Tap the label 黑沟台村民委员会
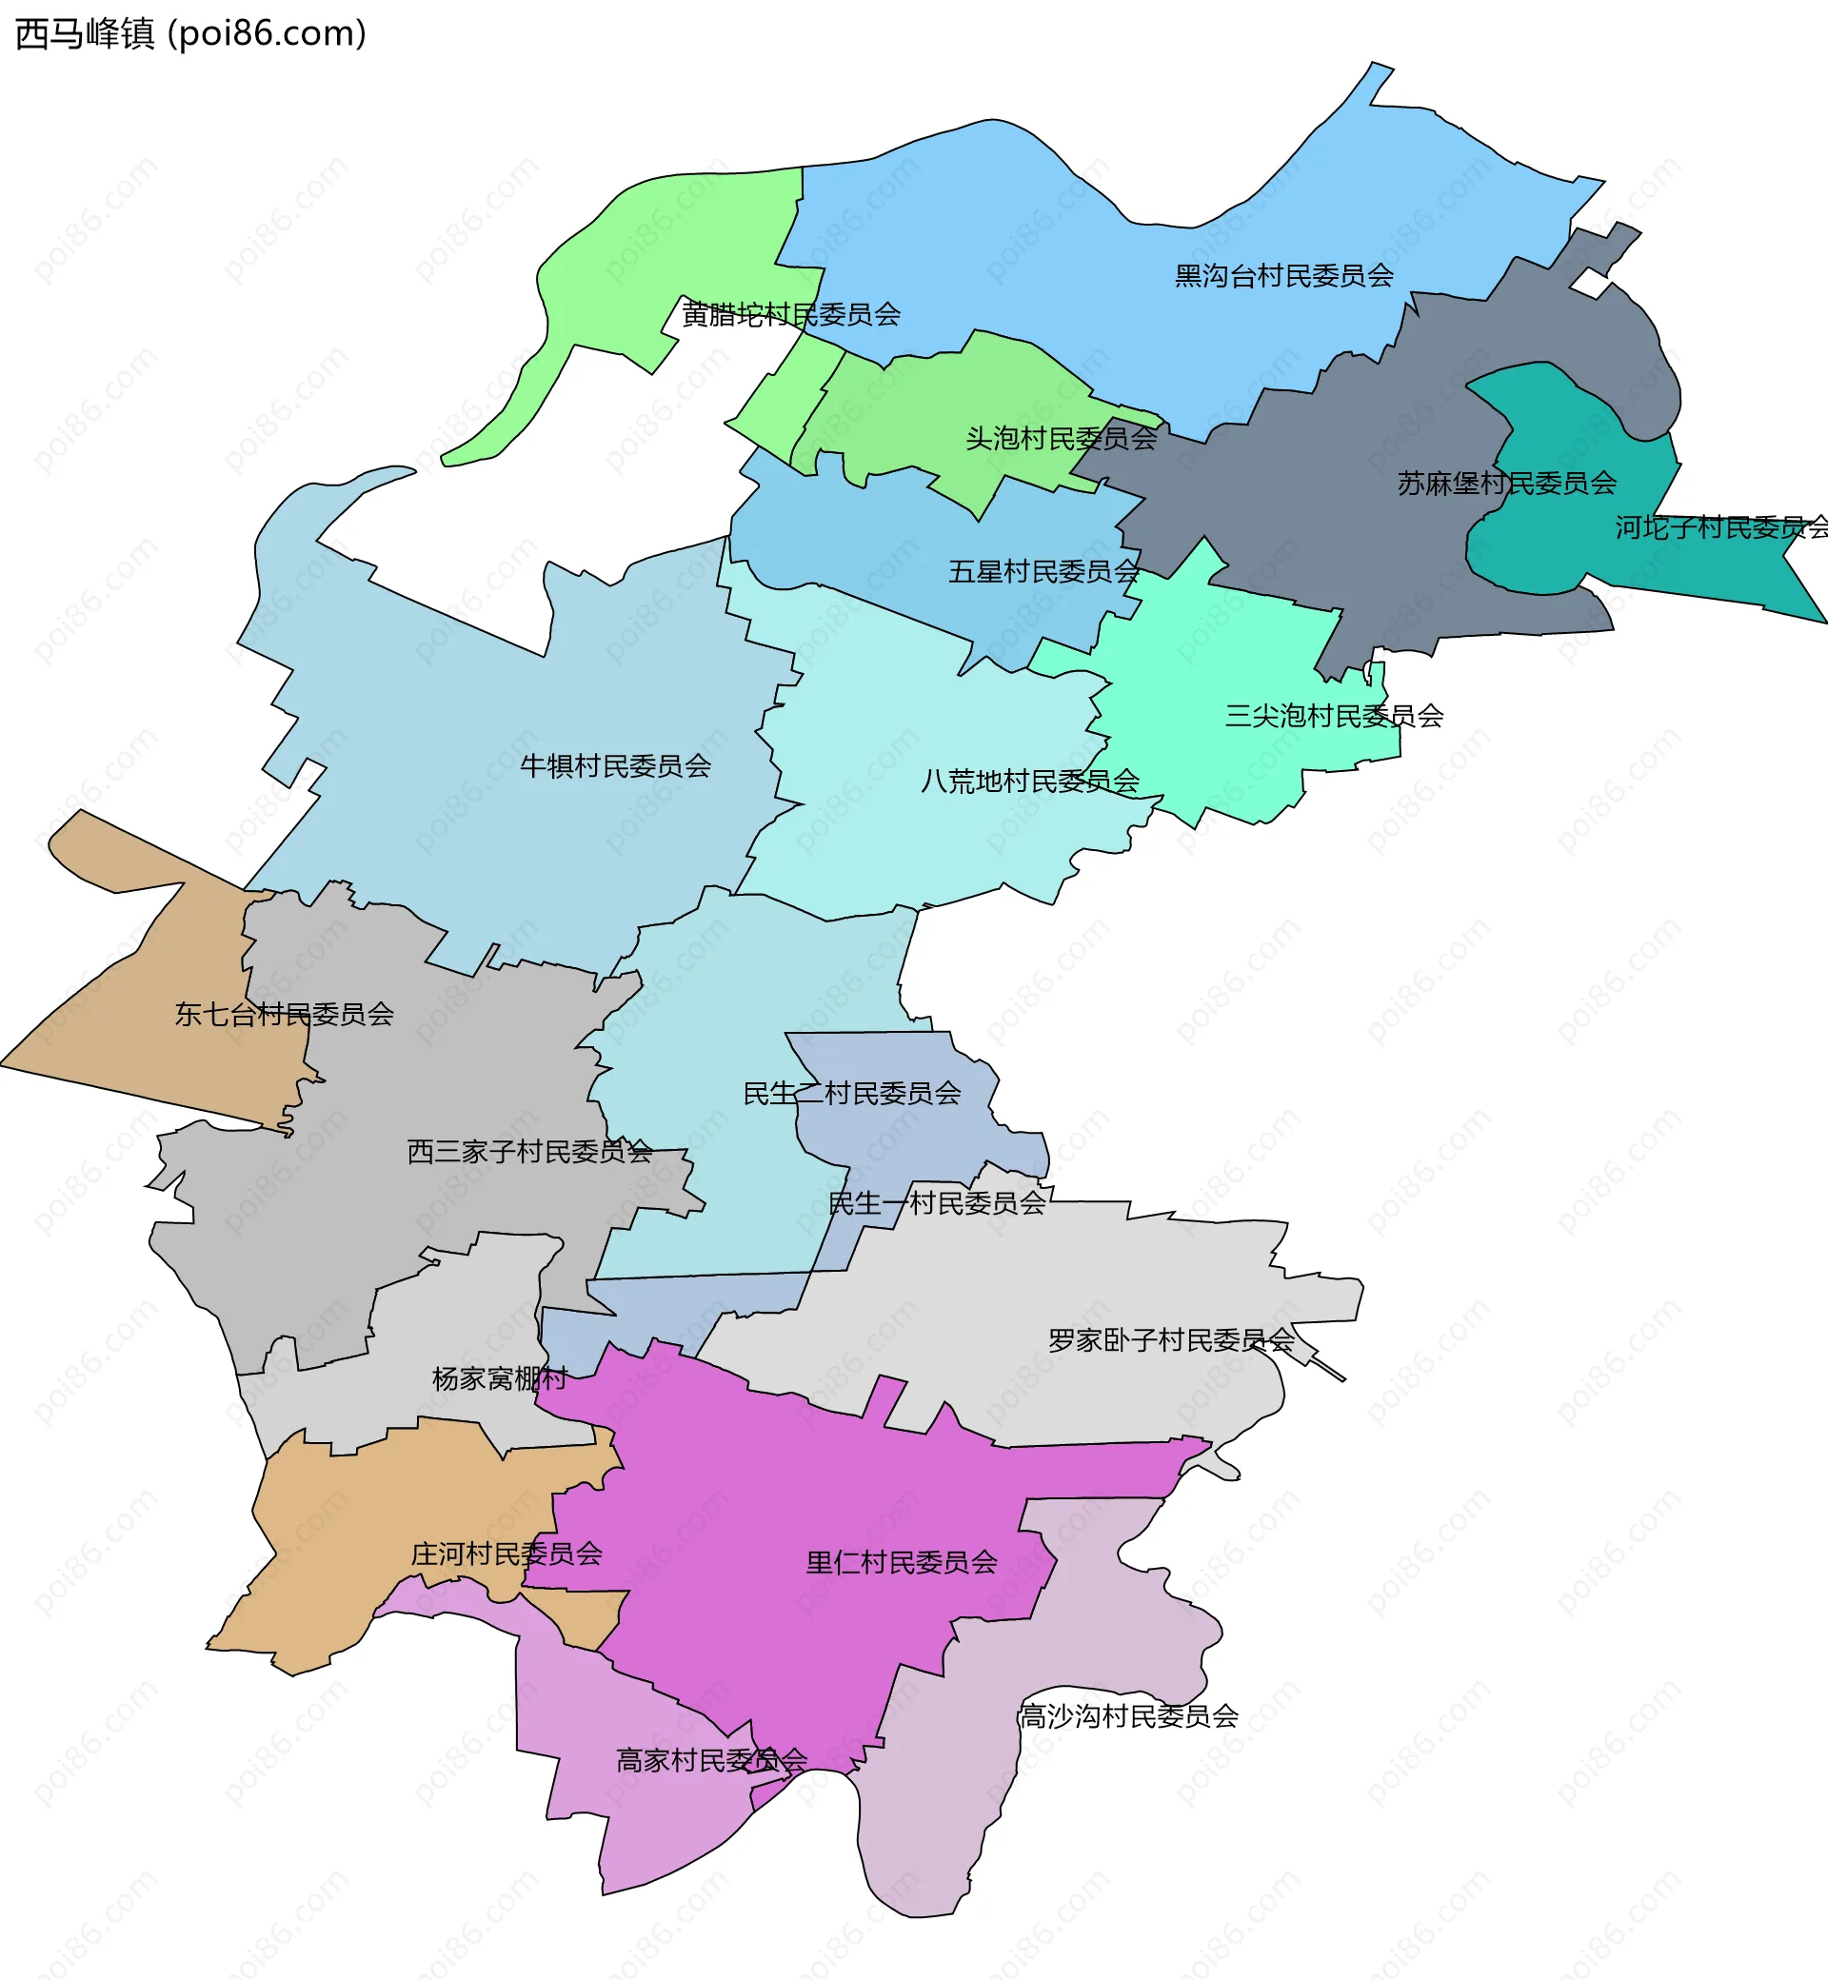tap(1284, 276)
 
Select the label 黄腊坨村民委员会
tap(790, 314)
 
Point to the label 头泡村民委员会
tap(1061, 438)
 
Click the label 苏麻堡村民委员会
tap(1505, 483)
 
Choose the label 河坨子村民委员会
tap(1721, 527)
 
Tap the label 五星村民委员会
tap(1043, 572)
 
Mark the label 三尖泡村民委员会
tap(1334, 715)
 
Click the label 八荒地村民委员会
tap(1030, 781)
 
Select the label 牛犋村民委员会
tap(615, 765)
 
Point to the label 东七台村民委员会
tap(284, 1014)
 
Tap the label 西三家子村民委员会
tap(529, 1151)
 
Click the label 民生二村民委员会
tap(852, 1093)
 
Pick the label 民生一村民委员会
tap(936, 1202)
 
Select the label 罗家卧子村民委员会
tap(1171, 1340)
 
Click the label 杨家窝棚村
tap(500, 1377)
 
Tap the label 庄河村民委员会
tap(507, 1554)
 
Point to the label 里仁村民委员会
tap(901, 1563)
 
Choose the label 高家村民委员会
tap(711, 1759)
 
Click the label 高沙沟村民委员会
tap(1128, 1716)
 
